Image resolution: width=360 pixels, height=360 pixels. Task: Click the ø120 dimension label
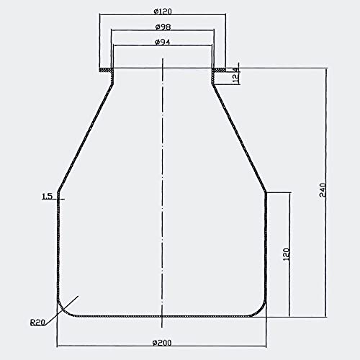click(x=162, y=11)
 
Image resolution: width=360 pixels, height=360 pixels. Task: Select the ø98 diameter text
click(x=162, y=27)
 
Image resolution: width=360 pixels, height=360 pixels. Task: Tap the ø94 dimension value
click(x=162, y=42)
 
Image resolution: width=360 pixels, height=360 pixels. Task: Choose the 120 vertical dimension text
click(x=286, y=253)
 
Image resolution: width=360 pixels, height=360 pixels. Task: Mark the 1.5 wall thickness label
click(x=47, y=196)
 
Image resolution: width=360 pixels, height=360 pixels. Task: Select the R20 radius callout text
click(x=40, y=322)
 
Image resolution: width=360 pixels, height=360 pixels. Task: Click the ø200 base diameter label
click(x=162, y=341)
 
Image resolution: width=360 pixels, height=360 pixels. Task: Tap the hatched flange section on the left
click(x=107, y=70)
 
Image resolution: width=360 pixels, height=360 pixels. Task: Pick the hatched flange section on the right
click(x=219, y=70)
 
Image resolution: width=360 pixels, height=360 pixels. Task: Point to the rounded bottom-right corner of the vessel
click(x=262, y=310)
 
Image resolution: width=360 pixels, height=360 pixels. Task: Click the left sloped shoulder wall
click(x=85, y=137)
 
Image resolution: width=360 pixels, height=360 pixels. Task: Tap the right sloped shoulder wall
click(x=239, y=137)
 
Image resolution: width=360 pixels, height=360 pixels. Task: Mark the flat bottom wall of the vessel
click(x=162, y=316)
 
